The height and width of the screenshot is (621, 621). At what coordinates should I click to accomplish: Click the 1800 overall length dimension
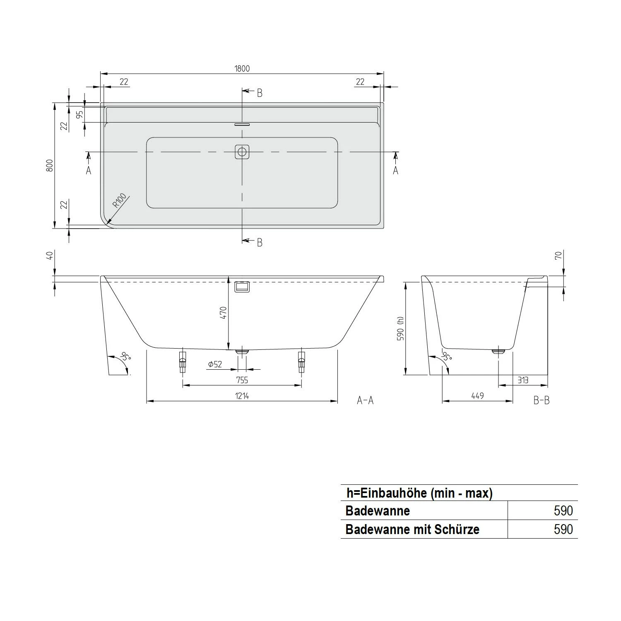coord(242,68)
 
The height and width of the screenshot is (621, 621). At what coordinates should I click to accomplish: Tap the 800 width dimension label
coord(50,166)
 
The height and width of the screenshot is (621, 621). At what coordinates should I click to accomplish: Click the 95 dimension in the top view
coord(80,114)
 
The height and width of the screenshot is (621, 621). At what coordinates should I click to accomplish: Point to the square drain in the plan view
coord(242,152)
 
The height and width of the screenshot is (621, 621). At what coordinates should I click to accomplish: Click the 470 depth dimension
coord(223,313)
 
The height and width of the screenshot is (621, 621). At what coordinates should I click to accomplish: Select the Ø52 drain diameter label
coord(215,364)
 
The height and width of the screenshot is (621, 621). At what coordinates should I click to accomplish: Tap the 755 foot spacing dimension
coord(242,380)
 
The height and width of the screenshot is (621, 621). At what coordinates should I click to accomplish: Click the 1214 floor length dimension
coord(242,396)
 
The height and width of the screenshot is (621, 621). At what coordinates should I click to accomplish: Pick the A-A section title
coord(365,400)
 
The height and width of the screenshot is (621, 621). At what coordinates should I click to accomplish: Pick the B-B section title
coord(541,400)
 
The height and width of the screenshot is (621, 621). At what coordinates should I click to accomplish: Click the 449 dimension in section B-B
coord(477,396)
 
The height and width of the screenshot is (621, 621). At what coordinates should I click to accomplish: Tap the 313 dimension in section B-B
coord(523,380)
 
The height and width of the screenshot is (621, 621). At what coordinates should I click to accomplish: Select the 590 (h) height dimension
coord(400,328)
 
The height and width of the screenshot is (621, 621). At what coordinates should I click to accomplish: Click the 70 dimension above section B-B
coord(558,256)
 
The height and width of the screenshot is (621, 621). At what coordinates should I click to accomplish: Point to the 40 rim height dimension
coord(50,256)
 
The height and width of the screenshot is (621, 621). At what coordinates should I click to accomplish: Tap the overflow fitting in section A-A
coord(242,286)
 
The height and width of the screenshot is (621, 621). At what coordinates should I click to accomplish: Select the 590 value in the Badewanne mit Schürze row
coord(563,529)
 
